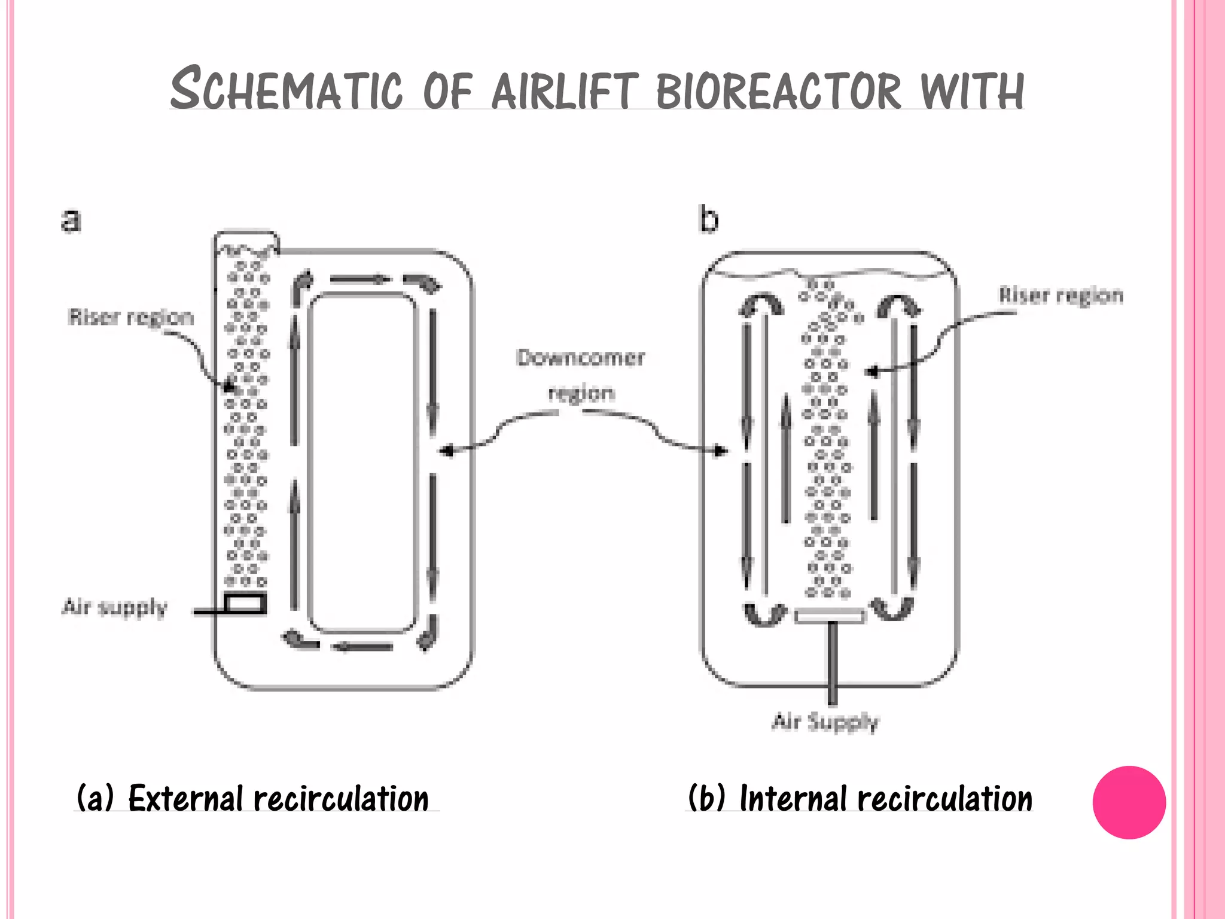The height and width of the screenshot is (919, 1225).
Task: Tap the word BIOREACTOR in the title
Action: [778, 91]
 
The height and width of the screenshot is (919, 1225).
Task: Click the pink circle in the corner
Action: [1129, 802]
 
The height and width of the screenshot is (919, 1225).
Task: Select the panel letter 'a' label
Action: [71, 220]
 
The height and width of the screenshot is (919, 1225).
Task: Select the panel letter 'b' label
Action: [709, 220]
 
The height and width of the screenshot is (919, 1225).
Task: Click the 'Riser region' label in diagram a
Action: [131, 317]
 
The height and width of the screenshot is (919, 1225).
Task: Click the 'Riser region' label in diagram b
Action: [1061, 296]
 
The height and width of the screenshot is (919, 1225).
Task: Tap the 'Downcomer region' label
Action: [581, 375]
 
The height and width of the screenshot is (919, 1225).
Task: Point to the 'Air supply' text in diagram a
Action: [115, 607]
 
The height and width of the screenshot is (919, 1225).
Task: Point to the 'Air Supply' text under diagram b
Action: [825, 722]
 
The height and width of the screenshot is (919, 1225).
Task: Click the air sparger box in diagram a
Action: [245, 603]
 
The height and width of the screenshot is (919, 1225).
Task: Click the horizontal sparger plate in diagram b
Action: [830, 616]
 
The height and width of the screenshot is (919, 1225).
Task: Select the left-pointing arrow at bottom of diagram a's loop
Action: [362, 647]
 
